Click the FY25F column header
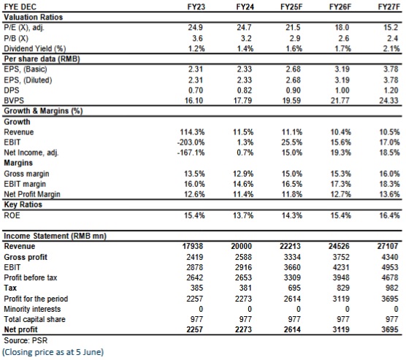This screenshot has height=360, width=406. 291,7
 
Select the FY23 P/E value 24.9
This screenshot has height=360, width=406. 195,28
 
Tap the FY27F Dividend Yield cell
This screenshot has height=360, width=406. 391,48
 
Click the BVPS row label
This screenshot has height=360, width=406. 14,101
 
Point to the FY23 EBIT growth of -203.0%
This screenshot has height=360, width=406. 191,142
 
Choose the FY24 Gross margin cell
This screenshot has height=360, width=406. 243,174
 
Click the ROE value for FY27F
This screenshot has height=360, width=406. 390,215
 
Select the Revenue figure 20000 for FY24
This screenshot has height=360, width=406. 241,246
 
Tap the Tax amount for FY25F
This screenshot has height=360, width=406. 295,288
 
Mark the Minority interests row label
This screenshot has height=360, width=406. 32,309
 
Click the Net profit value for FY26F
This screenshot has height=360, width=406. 341,329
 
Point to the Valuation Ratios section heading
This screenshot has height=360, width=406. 33,17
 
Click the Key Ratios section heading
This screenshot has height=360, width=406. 23,204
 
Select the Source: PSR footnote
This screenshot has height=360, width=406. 26,340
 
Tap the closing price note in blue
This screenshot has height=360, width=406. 53,352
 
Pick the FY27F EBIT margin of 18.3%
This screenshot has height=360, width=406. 390,184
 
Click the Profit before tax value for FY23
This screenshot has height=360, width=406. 195,277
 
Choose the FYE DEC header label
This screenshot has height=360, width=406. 20,7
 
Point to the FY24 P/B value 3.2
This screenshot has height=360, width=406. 246,38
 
